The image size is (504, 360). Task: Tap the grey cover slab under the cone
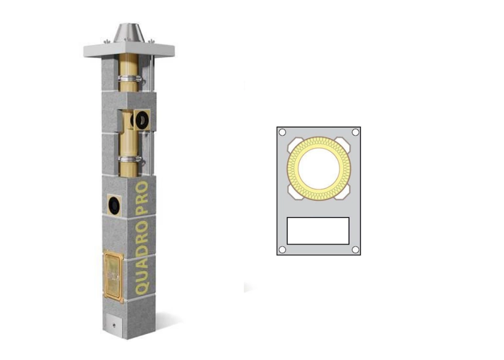point(129,50)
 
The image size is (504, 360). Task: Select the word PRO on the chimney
point(142,198)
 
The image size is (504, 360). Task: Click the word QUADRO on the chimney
point(142,257)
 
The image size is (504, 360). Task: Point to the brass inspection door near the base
point(113,277)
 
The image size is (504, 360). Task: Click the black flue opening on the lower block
point(114,204)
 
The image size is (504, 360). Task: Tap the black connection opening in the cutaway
point(142,120)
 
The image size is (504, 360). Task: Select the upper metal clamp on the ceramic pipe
point(130,78)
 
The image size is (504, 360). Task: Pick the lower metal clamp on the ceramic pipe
point(130,160)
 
